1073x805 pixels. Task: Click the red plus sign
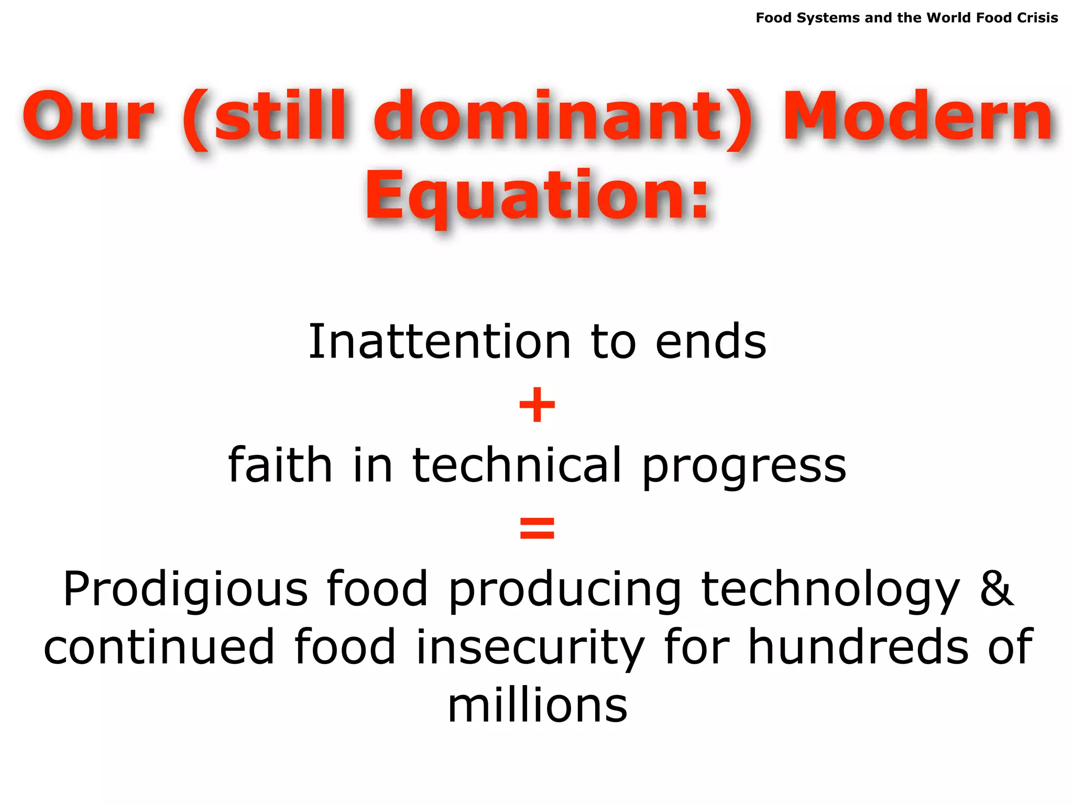pyautogui.click(x=537, y=405)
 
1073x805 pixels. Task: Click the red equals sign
pyautogui.click(x=537, y=528)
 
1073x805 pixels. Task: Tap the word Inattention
pyautogui.click(x=439, y=342)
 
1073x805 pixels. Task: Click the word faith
pyautogui.click(x=280, y=465)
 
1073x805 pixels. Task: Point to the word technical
pyautogui.click(x=517, y=465)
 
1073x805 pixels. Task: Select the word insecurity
pyautogui.click(x=530, y=648)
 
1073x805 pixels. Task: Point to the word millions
pyautogui.click(x=538, y=706)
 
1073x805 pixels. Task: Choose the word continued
pyautogui.click(x=159, y=648)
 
